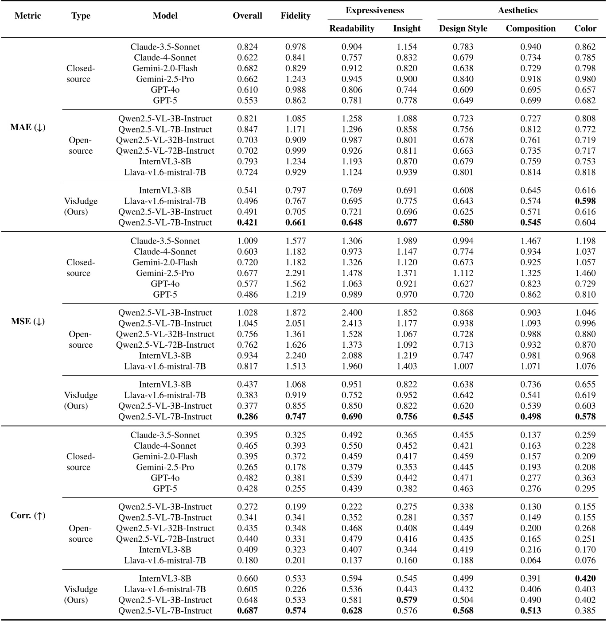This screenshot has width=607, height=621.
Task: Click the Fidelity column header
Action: tap(295, 16)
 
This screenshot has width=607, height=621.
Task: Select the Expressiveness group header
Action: tap(374, 10)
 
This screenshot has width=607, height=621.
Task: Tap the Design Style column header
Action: tap(463, 28)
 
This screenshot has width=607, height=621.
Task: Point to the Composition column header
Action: tap(530, 28)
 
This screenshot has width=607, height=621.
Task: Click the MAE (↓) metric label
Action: tap(27, 128)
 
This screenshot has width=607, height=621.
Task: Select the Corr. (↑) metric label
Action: tap(27, 516)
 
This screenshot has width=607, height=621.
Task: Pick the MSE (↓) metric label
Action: tap(27, 322)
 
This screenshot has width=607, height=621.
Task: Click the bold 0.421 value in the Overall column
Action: tap(247, 222)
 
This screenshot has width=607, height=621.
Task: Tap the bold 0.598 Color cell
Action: tap(585, 201)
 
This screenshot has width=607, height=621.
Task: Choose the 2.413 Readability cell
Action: tap(351, 323)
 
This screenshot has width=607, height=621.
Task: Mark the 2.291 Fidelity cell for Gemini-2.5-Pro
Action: tap(295, 273)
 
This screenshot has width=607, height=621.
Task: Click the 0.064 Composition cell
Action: tap(530, 560)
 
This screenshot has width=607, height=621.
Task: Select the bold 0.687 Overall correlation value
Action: tap(247, 610)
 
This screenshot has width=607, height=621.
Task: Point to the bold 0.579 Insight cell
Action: tap(406, 600)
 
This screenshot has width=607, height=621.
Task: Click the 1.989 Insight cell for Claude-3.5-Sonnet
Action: tap(406, 241)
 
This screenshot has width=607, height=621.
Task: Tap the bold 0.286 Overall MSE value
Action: tap(247, 416)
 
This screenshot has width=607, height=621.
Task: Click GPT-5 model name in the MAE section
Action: tap(165, 101)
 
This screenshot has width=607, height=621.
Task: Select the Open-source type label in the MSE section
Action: tap(80, 339)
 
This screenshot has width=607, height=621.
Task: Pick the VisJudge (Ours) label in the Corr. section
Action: tap(80, 594)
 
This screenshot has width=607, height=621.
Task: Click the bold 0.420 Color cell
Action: tap(585, 578)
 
